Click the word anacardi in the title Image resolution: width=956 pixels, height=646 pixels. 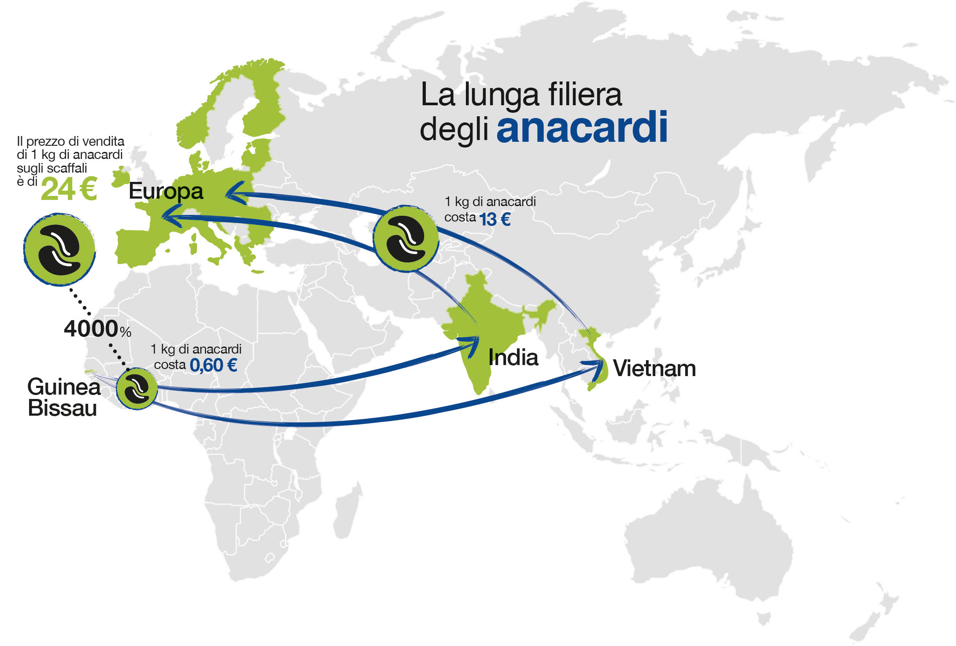[582, 128]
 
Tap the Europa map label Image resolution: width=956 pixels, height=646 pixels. [166, 191]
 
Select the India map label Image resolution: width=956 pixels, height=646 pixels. [513, 357]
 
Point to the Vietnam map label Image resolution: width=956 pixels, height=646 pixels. [654, 368]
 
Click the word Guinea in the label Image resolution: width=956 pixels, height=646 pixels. [64, 387]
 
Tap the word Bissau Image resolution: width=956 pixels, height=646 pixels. [62, 408]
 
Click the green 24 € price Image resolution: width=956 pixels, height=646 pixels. [69, 189]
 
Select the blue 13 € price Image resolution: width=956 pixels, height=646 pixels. [495, 219]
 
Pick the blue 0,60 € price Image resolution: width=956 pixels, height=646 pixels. [214, 365]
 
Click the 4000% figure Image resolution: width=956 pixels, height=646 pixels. [97, 329]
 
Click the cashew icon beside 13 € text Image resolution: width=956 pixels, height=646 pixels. [406, 238]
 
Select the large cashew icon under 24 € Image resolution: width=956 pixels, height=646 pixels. [59, 250]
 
